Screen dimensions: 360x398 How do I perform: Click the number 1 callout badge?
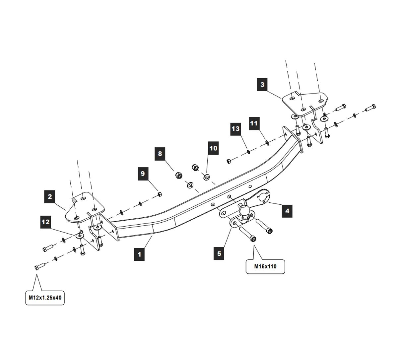point(139,254)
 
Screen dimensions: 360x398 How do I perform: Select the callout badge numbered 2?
point(50,197)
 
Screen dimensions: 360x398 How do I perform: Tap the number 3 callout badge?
point(262,84)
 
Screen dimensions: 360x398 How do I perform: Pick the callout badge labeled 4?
point(287,211)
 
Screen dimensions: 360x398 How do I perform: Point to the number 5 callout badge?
point(219,254)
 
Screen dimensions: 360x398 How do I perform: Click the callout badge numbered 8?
point(160,154)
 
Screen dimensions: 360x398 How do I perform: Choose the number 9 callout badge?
point(143,174)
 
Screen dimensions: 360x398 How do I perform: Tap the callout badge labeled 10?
point(214,148)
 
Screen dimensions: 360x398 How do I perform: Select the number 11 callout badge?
point(254,123)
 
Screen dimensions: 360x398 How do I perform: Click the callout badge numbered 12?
point(45,221)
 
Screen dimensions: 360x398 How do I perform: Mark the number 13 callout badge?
point(235,129)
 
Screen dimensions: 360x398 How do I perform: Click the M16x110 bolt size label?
point(265,266)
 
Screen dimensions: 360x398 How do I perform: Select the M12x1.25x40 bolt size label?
point(45,298)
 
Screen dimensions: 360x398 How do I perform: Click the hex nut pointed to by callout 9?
point(160,194)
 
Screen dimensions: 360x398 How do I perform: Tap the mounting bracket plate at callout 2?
point(85,207)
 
